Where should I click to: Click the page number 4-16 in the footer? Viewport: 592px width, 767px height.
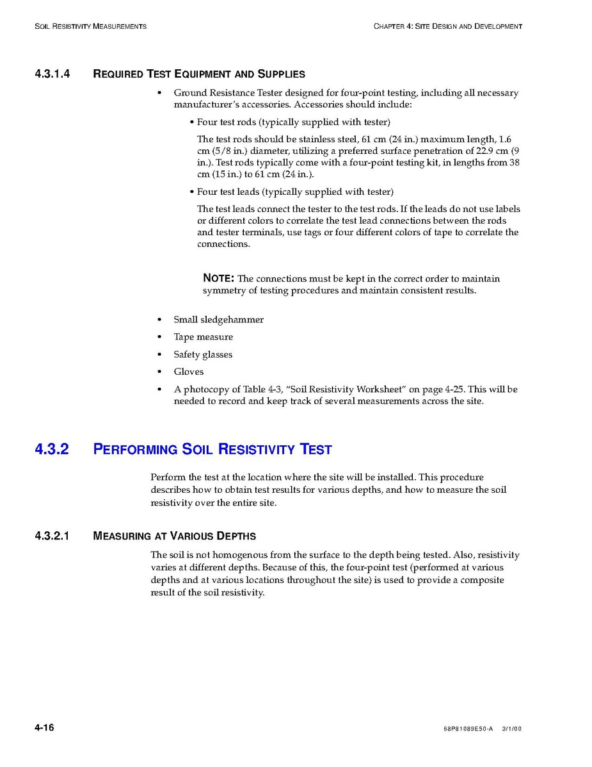coord(44,727)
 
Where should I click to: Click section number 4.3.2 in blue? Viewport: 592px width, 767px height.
coord(52,449)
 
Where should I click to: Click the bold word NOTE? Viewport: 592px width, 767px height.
coord(218,278)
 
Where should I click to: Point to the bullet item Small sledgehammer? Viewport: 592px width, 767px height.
coord(218,320)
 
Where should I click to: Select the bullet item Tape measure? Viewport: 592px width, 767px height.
coord(203,337)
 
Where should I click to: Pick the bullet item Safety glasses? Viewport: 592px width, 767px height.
coord(203,354)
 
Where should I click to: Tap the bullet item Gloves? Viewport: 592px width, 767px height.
coord(188,372)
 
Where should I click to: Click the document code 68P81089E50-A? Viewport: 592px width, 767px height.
coord(468,729)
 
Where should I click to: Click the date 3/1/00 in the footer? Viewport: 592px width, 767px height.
coord(512,729)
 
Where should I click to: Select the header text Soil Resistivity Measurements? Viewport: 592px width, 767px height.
coord(90,26)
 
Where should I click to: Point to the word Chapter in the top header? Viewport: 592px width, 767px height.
coord(388,26)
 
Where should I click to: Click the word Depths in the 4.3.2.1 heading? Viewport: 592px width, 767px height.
coord(236,536)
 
